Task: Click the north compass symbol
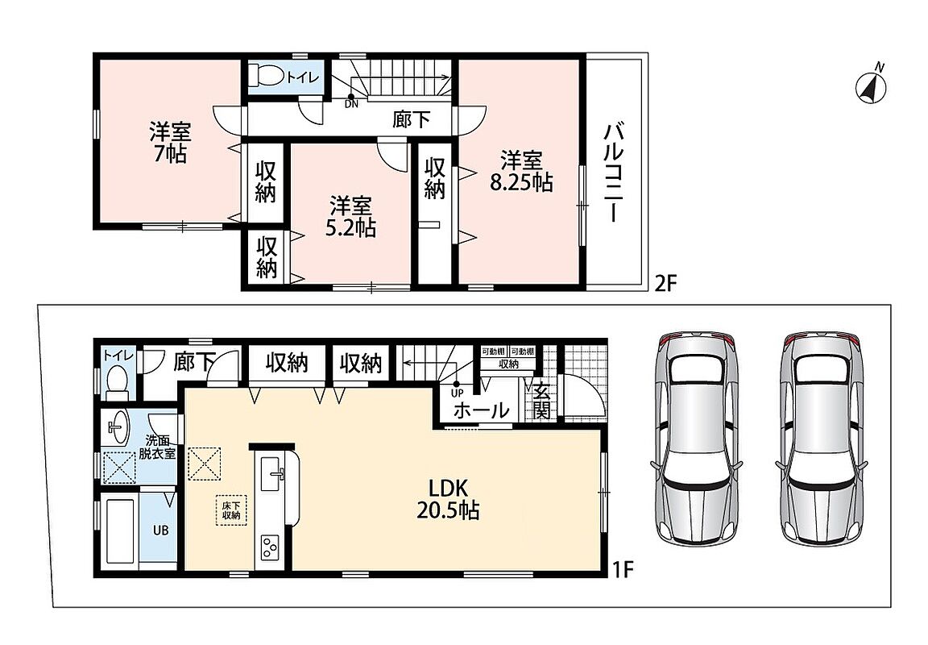coord(872,86)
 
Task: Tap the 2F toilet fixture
coord(266,76)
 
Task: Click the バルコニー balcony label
coord(613,172)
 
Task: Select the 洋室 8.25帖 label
coord(521,171)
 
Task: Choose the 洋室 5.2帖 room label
coord(351,217)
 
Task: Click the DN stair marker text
coord(351,106)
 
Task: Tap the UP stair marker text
coord(457,393)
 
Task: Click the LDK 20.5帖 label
coord(448,499)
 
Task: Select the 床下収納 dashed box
coord(231,510)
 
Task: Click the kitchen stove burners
coord(269,547)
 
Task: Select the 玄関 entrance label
coord(541,401)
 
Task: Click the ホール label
coord(481,410)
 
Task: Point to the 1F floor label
coord(623,569)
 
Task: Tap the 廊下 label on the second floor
coord(412,119)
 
